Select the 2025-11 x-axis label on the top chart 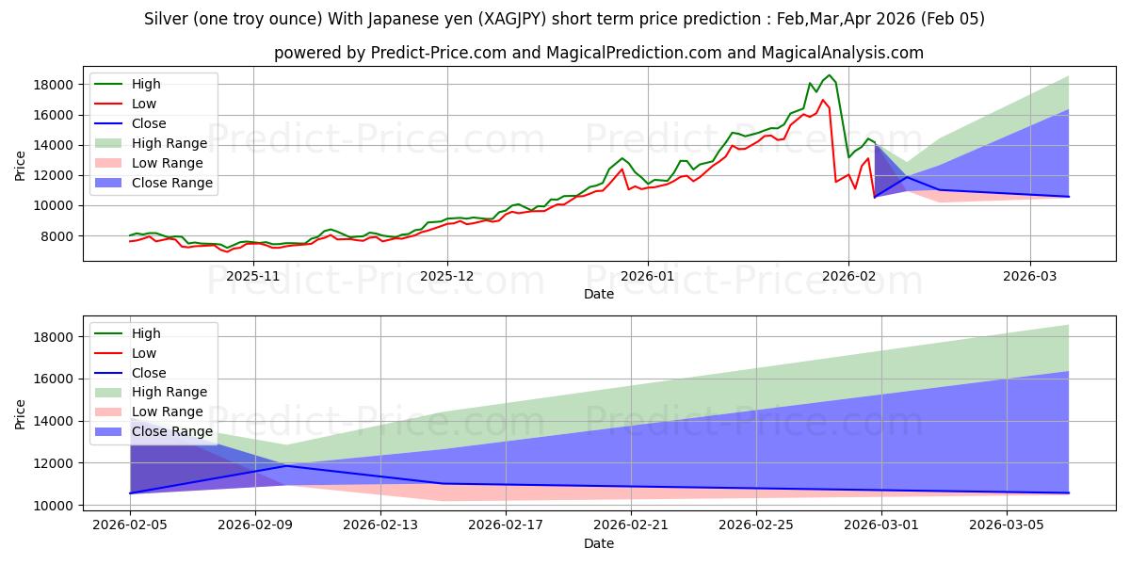[x=254, y=276]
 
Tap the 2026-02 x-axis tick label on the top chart [x=848, y=276]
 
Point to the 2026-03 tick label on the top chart [x=1030, y=276]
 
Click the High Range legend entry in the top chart [x=169, y=143]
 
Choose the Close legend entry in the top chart [x=149, y=123]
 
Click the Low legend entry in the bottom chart [x=145, y=353]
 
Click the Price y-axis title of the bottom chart [x=21, y=412]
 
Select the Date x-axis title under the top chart [x=599, y=294]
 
